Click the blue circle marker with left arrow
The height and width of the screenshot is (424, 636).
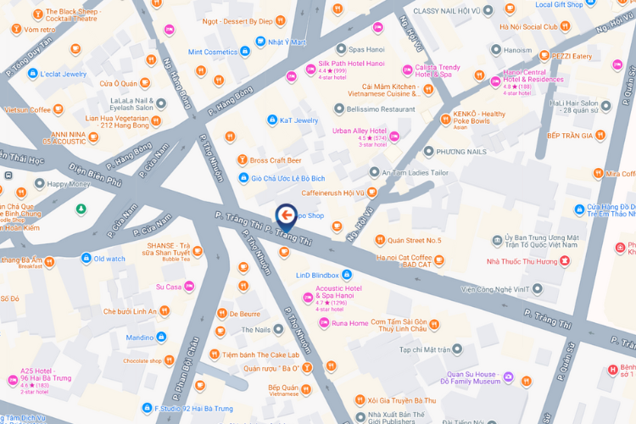(286, 215)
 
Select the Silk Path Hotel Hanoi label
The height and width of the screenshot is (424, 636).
(351, 64)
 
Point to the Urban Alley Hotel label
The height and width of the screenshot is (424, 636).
(365, 131)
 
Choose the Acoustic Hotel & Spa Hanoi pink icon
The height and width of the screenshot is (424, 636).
(309, 296)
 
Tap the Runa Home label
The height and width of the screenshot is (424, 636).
(349, 323)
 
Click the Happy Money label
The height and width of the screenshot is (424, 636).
(69, 183)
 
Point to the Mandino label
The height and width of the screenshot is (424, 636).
(140, 338)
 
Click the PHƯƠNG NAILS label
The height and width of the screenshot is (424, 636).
(461, 152)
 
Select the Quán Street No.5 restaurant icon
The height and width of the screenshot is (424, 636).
(380, 240)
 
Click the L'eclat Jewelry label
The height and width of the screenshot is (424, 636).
(63, 74)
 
